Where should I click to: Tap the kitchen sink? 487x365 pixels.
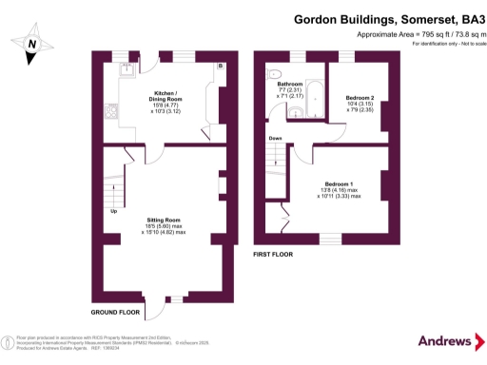tap(126, 68)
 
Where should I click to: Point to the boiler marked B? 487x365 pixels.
tap(219, 66)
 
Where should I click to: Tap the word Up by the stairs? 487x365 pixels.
tap(115, 211)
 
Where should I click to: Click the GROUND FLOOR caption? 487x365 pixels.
tap(115, 312)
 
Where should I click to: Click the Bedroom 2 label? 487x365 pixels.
tap(360, 98)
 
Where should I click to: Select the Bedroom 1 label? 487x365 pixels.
tap(339, 183)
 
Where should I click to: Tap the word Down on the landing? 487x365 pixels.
tap(275, 139)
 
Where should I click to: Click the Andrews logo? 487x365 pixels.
tap(445, 341)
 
